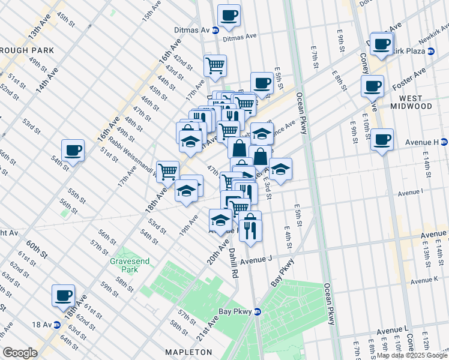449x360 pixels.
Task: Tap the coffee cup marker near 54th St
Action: pyautogui.click(x=73, y=151)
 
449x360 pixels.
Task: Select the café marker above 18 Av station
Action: pyautogui.click(x=63, y=295)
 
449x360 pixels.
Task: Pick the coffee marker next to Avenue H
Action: pyautogui.click(x=382, y=140)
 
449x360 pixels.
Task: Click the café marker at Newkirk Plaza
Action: pyautogui.click(x=382, y=44)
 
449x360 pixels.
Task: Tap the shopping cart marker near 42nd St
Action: pyautogui.click(x=215, y=65)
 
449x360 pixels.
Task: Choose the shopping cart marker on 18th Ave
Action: pyautogui.click(x=167, y=172)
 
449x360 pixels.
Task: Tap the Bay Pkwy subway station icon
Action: pyautogui.click(x=258, y=311)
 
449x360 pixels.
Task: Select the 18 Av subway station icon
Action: pyautogui.click(x=58, y=325)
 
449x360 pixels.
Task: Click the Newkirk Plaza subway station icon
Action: pyautogui.click(x=431, y=51)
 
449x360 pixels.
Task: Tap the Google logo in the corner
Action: pyautogui.click(x=20, y=353)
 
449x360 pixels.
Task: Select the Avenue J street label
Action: pyautogui.click(x=256, y=262)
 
